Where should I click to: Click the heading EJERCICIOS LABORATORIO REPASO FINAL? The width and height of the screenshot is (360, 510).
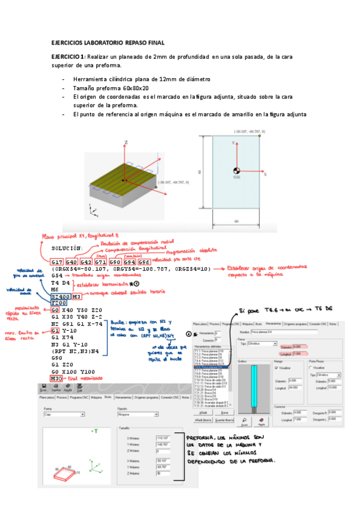click(x=108, y=43)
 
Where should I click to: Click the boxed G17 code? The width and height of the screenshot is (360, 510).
click(x=57, y=262)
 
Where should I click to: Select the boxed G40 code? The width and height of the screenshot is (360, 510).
click(x=72, y=262)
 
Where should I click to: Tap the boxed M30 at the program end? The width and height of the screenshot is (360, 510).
click(x=56, y=378)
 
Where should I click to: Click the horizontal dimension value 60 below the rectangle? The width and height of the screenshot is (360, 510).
click(x=237, y=221)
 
